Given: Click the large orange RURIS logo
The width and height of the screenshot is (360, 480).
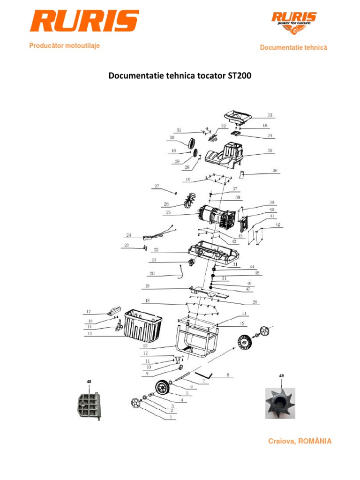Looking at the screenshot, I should pos(84,21).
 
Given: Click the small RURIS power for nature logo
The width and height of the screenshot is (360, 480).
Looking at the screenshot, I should pos(294,23).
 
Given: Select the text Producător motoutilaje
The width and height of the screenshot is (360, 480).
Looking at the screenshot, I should pos(64,46).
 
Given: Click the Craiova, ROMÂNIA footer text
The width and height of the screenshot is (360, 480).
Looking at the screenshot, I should pos(300,441).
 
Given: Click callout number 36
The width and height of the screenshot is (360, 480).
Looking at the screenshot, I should pos(275,171).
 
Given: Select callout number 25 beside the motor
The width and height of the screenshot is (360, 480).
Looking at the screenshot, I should pos(168,212).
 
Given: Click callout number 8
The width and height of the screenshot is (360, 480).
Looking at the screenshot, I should pos(228,375).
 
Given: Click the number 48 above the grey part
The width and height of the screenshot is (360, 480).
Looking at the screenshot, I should pos(89,382).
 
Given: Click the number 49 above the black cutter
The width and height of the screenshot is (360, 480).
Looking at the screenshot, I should pos(281,376).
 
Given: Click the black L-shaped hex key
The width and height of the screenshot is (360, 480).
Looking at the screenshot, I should pos(204,375).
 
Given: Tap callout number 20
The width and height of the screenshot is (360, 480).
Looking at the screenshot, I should pos(152,273).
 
